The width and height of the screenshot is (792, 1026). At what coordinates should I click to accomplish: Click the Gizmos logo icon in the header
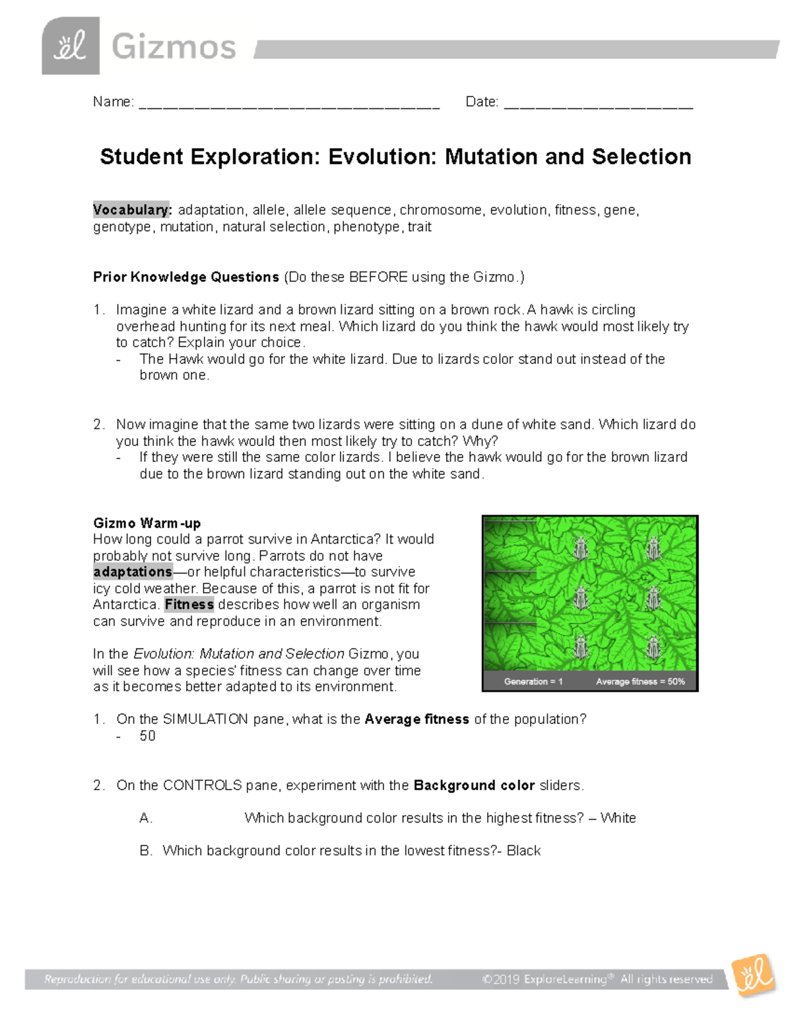tap(71, 46)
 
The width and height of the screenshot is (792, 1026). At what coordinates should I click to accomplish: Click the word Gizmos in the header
tap(174, 48)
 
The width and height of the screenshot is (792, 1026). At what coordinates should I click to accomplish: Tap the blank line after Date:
tap(598, 104)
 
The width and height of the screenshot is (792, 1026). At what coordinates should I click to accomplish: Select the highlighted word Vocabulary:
tap(132, 210)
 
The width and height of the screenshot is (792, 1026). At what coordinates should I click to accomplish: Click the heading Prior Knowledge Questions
tap(186, 277)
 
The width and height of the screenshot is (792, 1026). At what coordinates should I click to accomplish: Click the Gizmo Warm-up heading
tap(147, 523)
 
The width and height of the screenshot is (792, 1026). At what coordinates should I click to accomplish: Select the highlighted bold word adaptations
tap(133, 572)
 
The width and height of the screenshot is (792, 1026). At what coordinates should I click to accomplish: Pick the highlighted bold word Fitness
tap(189, 605)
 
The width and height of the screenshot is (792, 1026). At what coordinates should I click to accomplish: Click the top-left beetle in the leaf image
tap(581, 548)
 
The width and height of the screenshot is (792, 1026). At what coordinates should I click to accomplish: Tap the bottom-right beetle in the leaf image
tap(653, 647)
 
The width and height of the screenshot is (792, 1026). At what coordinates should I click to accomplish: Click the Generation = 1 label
tap(533, 681)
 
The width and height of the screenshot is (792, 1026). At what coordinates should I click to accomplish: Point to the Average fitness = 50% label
tap(640, 681)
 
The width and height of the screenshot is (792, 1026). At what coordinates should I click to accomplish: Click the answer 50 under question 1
tap(147, 736)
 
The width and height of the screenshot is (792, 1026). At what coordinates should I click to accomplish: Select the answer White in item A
tap(618, 818)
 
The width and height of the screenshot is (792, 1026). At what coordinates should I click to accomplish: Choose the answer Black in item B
tap(524, 851)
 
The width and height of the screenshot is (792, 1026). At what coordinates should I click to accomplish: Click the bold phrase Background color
tap(474, 786)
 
